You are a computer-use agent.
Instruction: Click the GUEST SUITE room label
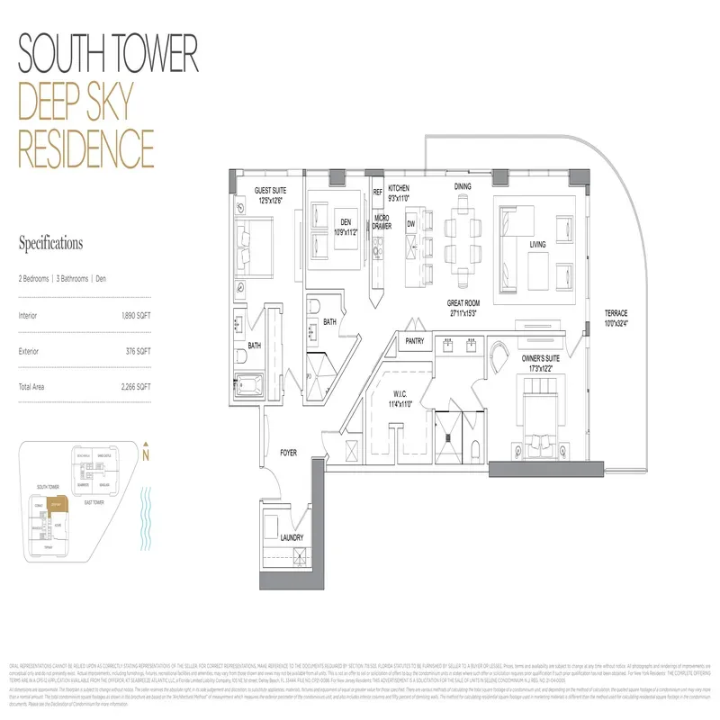268,190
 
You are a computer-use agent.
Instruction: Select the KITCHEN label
399,188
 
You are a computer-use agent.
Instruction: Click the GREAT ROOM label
468,303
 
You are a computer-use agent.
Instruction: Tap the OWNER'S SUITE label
541,358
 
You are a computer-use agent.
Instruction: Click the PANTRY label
415,341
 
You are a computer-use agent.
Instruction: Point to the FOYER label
288,453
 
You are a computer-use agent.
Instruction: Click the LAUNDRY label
291,537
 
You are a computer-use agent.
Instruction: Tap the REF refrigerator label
378,192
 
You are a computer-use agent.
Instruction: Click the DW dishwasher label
410,223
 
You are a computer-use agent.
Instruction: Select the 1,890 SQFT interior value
136,316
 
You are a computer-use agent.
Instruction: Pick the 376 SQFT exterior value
139,351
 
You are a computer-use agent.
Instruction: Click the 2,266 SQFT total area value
136,385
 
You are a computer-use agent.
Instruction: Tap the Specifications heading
50,243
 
